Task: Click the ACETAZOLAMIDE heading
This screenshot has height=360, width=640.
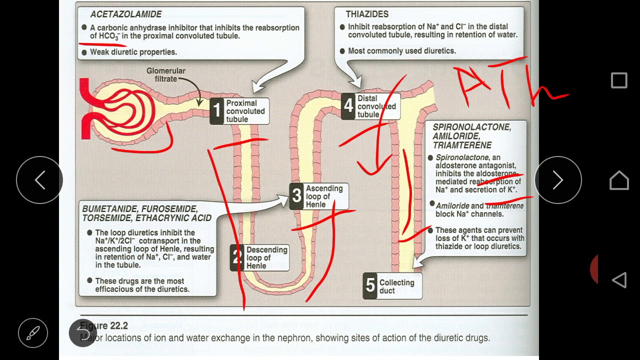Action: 125,14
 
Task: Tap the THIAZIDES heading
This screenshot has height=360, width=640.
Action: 367,14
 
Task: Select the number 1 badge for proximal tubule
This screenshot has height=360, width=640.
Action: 216,111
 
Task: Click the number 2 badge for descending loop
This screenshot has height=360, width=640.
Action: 237,257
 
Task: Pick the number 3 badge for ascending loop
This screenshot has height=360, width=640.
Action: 297,196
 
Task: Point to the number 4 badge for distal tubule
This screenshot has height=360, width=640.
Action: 348,106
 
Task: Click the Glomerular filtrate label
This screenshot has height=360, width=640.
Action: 165,75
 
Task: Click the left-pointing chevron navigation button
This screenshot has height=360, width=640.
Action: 39,180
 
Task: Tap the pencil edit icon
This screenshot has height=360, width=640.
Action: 33,332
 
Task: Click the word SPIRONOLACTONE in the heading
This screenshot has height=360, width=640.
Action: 471,127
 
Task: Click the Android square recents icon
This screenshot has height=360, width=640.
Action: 619,80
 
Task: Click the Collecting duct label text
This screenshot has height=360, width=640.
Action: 396,286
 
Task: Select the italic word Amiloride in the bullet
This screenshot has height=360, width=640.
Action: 452,206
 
